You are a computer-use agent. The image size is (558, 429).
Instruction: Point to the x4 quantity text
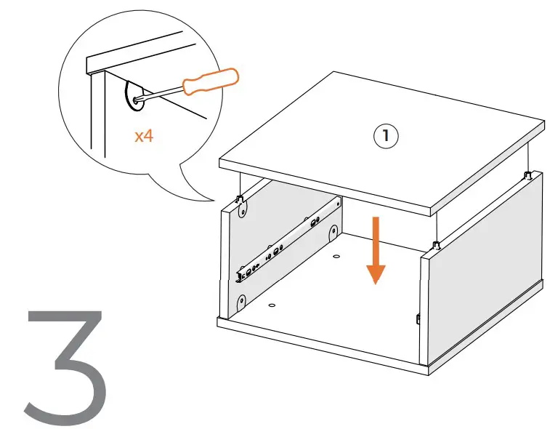pos(144,136)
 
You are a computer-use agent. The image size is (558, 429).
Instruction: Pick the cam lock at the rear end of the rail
pos(333,233)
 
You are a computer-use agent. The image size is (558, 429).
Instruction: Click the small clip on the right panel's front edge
pos(419,318)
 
